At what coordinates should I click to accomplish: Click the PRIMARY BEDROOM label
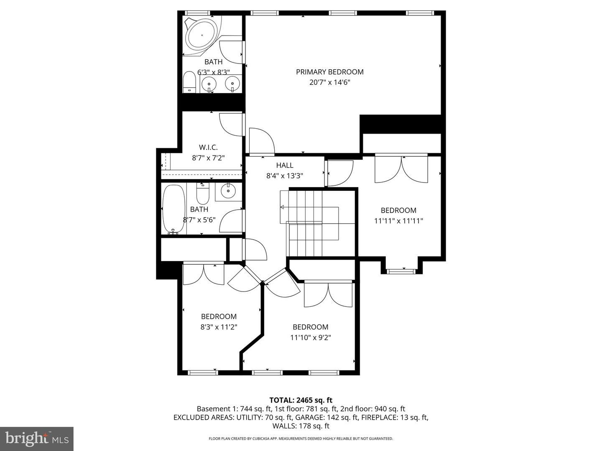(x=329, y=72)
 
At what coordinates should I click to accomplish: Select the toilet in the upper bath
(x=189, y=82)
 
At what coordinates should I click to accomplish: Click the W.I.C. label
(x=208, y=147)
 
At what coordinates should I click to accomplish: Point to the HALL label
(x=285, y=165)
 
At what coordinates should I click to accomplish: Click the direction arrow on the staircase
(x=282, y=207)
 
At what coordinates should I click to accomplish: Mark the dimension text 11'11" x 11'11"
(x=398, y=221)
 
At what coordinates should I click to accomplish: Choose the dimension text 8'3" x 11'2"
(x=219, y=327)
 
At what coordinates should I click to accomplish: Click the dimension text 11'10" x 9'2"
(x=310, y=337)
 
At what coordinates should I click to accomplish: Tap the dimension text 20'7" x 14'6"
(x=329, y=82)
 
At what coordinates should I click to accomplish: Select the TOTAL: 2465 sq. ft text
(x=301, y=400)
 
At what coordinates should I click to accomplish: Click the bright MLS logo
(x=37, y=438)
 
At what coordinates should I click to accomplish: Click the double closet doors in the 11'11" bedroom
(x=401, y=169)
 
